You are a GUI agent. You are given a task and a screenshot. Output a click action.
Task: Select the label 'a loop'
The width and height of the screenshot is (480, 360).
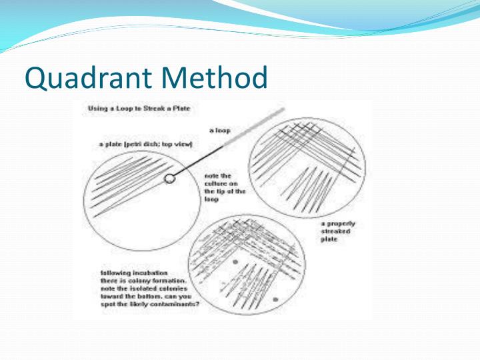click(220, 131)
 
